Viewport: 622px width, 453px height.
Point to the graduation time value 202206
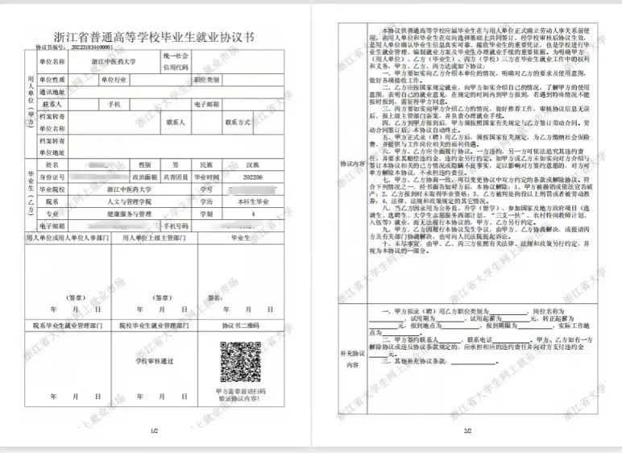click(241, 177)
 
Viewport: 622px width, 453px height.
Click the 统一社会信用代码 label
click(178, 61)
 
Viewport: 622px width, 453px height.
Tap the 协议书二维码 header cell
click(240, 326)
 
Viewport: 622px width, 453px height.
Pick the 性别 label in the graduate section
click(146, 164)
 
